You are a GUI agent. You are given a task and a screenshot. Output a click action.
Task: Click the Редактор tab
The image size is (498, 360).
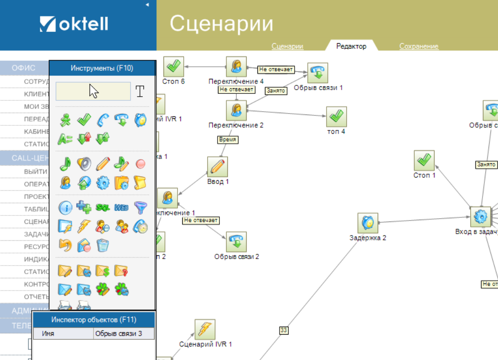(x=351, y=46)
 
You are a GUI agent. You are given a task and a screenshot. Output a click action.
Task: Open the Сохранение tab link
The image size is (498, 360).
(x=419, y=46)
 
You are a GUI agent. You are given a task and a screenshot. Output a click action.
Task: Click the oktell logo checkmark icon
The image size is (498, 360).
(x=48, y=24)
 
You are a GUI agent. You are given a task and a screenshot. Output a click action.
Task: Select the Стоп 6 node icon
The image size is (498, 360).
(x=173, y=67)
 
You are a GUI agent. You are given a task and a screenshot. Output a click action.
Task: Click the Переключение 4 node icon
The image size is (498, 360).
(x=236, y=67)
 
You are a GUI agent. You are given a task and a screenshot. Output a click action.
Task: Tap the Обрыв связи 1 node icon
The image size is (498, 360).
(x=318, y=73)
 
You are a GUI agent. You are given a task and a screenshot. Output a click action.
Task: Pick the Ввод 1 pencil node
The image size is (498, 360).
(x=218, y=167)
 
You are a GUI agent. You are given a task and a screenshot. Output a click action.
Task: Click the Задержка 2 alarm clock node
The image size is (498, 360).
(x=368, y=223)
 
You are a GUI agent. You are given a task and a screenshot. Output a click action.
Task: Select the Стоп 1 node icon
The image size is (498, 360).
(x=424, y=161)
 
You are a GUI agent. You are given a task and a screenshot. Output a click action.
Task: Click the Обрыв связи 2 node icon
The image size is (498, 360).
(x=236, y=242)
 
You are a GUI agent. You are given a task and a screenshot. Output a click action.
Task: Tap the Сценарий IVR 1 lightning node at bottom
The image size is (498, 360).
(x=205, y=329)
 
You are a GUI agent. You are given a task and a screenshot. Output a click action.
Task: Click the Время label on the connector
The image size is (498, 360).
(x=228, y=139)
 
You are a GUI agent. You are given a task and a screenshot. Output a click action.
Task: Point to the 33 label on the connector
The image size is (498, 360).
(x=284, y=330)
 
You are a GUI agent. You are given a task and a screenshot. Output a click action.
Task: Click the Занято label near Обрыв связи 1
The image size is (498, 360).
(x=276, y=91)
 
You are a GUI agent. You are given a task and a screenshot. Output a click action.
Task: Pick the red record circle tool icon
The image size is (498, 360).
(x=140, y=164)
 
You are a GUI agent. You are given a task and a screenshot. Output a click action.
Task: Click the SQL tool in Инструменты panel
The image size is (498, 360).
(x=102, y=207)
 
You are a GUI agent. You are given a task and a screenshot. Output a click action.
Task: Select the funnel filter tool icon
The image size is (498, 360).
(x=140, y=207)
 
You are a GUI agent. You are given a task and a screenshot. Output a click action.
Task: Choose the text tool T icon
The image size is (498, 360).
(x=140, y=92)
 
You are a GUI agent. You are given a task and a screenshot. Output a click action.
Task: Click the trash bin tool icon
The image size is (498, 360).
(x=102, y=245)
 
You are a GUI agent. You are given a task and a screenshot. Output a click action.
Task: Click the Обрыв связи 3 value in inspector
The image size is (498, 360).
(x=124, y=334)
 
